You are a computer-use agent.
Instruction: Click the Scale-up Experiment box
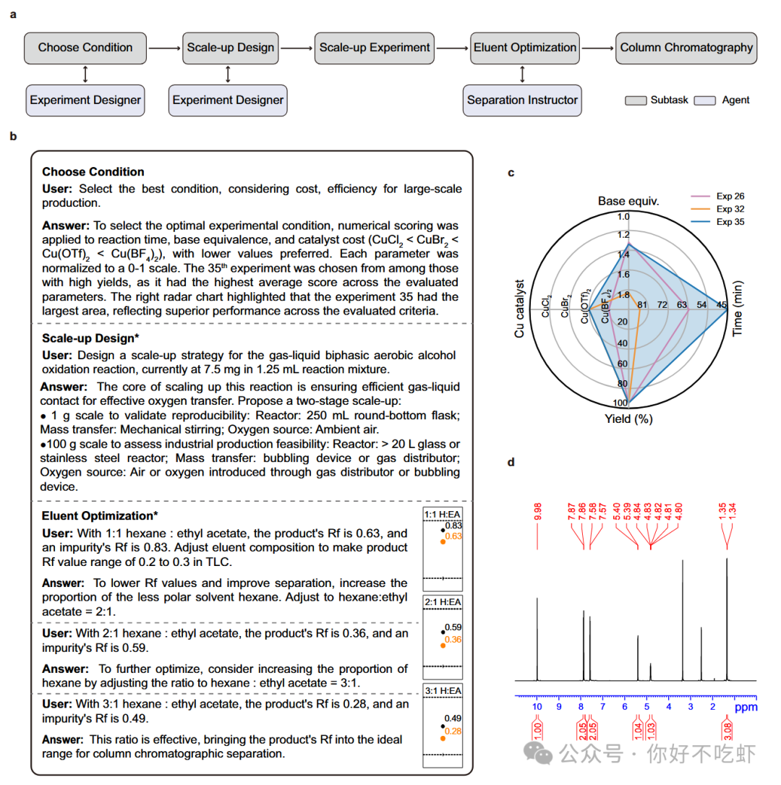click(375, 48)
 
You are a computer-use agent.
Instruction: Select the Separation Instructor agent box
click(522, 100)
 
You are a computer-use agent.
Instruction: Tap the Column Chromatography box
click(686, 48)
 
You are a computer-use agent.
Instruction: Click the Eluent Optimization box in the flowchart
click(525, 48)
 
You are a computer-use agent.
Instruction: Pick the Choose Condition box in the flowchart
click(85, 48)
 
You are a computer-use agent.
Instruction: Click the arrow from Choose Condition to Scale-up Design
click(163, 48)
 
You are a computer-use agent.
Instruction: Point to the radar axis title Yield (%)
click(629, 419)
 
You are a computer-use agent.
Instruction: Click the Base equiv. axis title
click(628, 200)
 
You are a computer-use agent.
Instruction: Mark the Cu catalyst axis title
click(519, 309)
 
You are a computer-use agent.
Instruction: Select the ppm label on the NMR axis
click(746, 708)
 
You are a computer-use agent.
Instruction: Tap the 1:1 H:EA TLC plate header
click(442, 513)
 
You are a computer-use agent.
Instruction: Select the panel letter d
click(511, 462)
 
